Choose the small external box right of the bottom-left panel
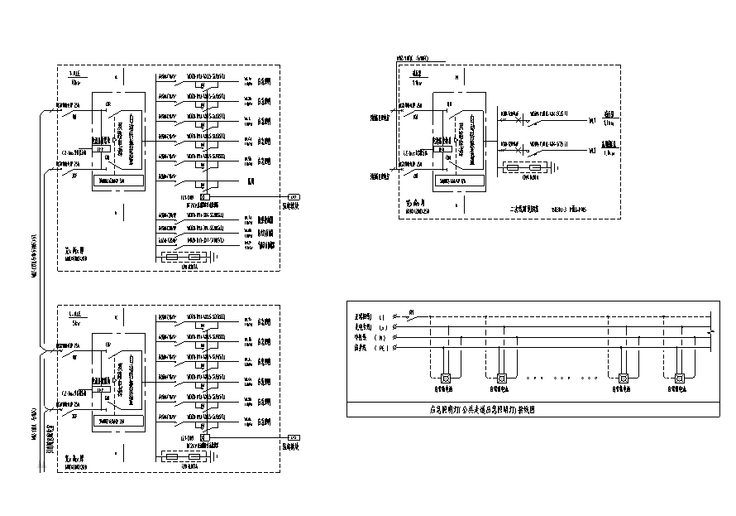[292, 436]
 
